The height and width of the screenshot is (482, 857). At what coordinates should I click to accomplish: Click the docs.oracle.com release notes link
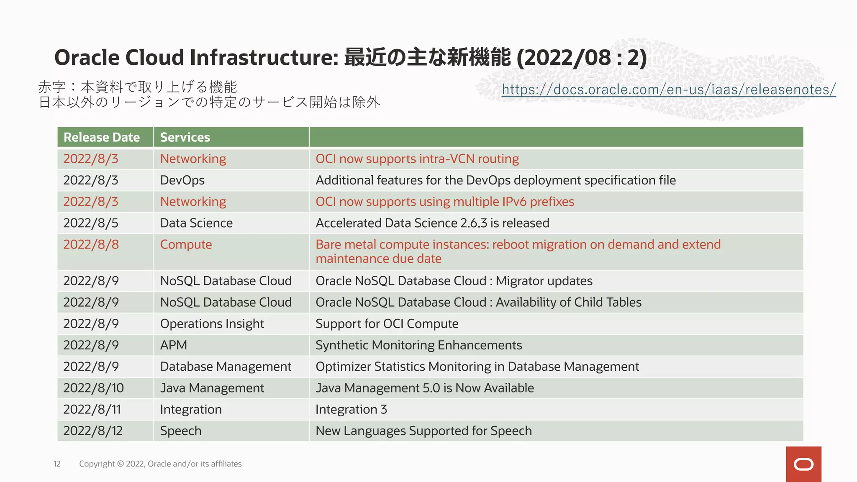(x=668, y=90)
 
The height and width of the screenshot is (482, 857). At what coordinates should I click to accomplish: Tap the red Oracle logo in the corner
(x=803, y=464)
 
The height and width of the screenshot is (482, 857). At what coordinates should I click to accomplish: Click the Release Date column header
(x=102, y=137)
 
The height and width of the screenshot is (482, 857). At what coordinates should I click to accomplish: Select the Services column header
(x=185, y=137)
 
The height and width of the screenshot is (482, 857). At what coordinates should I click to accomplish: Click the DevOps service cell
(x=182, y=180)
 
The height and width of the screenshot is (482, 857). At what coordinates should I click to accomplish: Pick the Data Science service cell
(x=196, y=223)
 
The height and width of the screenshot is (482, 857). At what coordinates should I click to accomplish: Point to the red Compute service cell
(x=186, y=245)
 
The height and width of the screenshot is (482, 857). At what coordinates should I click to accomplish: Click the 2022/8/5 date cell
(x=91, y=223)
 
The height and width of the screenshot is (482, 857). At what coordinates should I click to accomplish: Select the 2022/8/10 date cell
(x=93, y=388)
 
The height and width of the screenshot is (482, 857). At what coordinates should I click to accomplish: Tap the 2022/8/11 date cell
(x=92, y=409)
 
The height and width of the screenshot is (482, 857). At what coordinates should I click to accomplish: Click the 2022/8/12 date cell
(x=93, y=431)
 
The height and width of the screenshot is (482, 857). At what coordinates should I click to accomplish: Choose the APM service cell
(x=174, y=345)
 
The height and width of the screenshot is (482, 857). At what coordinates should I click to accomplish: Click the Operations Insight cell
(x=212, y=324)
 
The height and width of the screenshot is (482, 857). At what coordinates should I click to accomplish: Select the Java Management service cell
(x=212, y=388)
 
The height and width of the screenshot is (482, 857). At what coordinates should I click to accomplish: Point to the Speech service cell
(x=181, y=431)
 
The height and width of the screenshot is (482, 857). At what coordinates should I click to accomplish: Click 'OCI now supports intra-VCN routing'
(x=417, y=159)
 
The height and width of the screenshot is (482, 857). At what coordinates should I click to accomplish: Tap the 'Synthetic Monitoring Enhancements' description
(x=418, y=345)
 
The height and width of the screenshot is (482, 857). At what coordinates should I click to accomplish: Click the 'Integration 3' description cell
(x=351, y=409)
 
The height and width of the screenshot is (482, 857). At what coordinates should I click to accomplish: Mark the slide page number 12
(x=57, y=464)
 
